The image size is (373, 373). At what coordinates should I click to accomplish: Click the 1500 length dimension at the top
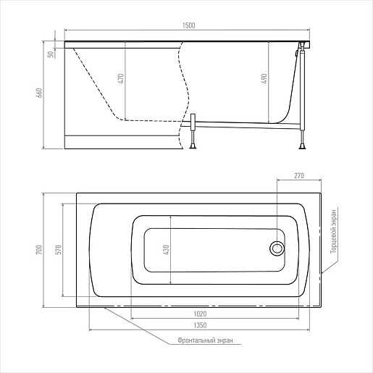coord(188,25)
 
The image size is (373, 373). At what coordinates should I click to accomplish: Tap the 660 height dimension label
coord(39,93)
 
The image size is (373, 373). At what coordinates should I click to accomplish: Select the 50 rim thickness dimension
coord(51,54)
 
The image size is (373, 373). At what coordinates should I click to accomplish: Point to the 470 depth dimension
coord(121,78)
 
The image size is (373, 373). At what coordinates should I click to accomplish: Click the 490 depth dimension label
coord(264,78)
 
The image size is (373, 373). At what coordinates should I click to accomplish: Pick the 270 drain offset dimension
coord(299,175)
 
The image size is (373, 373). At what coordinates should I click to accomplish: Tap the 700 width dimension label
coord(39,250)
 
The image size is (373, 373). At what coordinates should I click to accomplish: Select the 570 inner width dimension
coord(59,250)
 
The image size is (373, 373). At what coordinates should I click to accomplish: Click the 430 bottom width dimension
coord(167,250)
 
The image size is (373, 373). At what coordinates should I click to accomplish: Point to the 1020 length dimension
coord(200,314)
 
